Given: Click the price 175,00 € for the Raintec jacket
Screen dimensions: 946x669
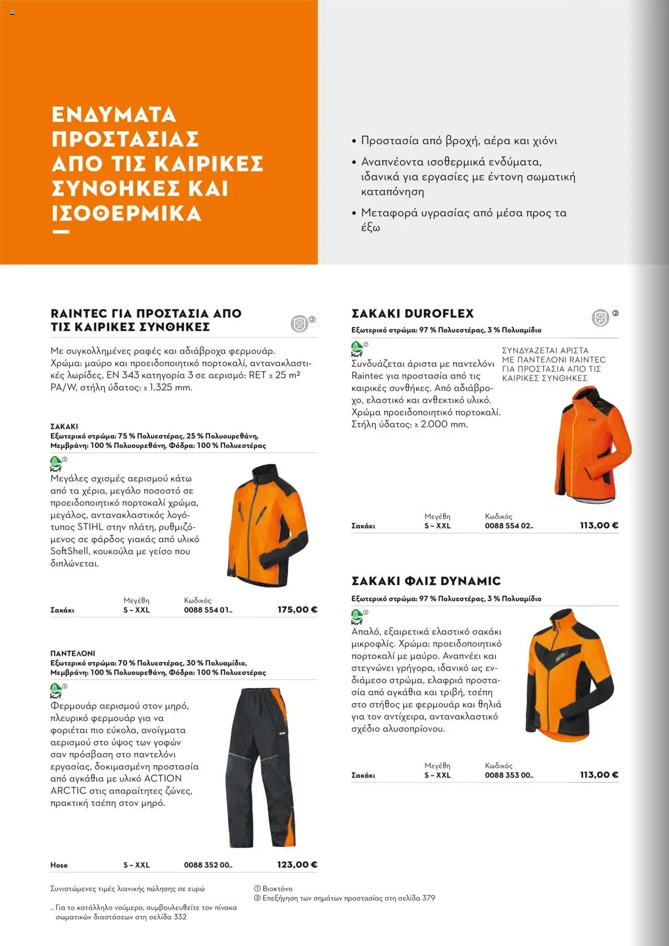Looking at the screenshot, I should pyautogui.click(x=297, y=609).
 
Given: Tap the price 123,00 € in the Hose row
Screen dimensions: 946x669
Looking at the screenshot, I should pyautogui.click(x=297, y=864).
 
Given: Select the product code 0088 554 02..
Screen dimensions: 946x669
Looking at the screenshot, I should pyautogui.click(x=509, y=526).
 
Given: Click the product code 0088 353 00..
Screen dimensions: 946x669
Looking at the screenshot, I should pyautogui.click(x=509, y=775).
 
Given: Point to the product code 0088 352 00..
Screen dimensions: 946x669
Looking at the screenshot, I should pyautogui.click(x=207, y=865).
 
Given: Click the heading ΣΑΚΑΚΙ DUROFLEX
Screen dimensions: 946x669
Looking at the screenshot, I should pyautogui.click(x=412, y=314).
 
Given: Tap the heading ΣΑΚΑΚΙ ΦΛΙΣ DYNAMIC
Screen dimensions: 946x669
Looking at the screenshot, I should pyautogui.click(x=426, y=581).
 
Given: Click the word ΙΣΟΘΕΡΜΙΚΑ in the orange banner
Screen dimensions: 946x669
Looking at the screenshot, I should pyautogui.click(x=126, y=213).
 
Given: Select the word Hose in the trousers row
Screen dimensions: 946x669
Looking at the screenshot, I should pyautogui.click(x=59, y=865).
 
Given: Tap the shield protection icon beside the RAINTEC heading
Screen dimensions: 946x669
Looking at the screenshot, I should pyautogui.click(x=299, y=324).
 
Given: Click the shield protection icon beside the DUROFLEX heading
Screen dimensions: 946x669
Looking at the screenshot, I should pyautogui.click(x=600, y=317).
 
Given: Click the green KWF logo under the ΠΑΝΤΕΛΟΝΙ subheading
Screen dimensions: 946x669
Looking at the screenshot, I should pyautogui.click(x=56, y=690).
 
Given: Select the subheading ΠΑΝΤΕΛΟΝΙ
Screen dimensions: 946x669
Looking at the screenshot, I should pyautogui.click(x=73, y=653).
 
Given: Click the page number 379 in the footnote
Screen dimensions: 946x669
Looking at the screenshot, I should pyautogui.click(x=428, y=898).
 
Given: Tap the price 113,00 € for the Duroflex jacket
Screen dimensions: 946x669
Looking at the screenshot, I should pyautogui.click(x=599, y=525).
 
